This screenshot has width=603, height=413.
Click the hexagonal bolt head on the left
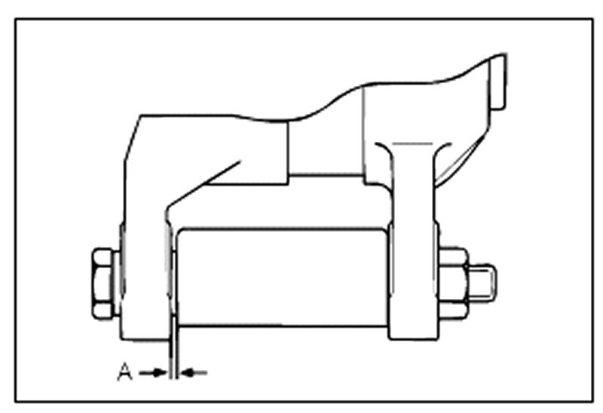[103, 283]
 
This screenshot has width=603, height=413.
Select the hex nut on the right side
[453, 283]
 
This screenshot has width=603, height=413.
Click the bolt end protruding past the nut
[482, 281]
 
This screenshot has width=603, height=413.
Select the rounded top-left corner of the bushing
[181, 231]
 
